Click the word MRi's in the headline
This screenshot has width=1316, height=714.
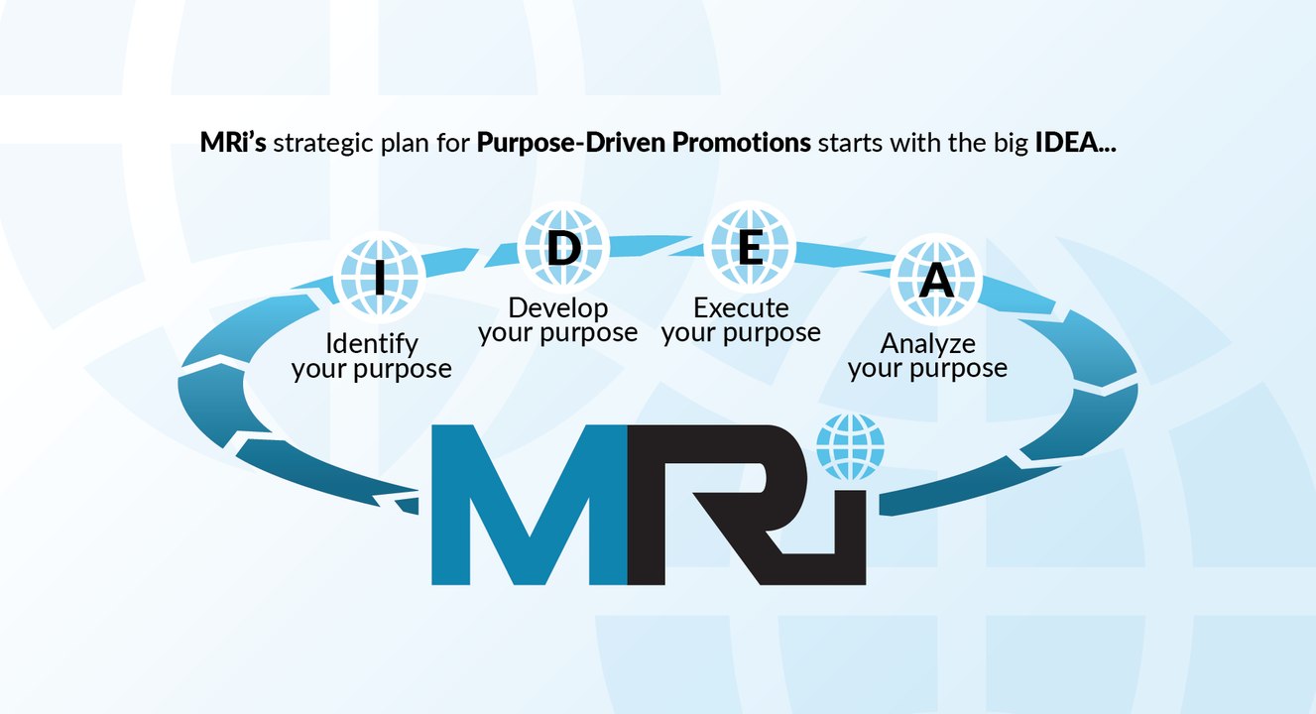[233, 142]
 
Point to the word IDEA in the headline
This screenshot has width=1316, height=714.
[1066, 142]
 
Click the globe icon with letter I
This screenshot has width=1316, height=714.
[380, 277]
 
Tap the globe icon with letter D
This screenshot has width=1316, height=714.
[563, 247]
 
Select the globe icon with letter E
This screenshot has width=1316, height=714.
[750, 247]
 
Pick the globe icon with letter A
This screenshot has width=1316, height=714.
[936, 280]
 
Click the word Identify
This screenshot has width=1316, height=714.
[372, 344]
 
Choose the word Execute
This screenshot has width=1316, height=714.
[742, 308]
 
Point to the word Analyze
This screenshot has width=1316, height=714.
[927, 344]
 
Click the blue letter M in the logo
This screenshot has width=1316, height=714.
[530, 505]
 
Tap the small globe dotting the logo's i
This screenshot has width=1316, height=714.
[850, 447]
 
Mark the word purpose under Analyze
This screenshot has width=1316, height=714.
[959, 369]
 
